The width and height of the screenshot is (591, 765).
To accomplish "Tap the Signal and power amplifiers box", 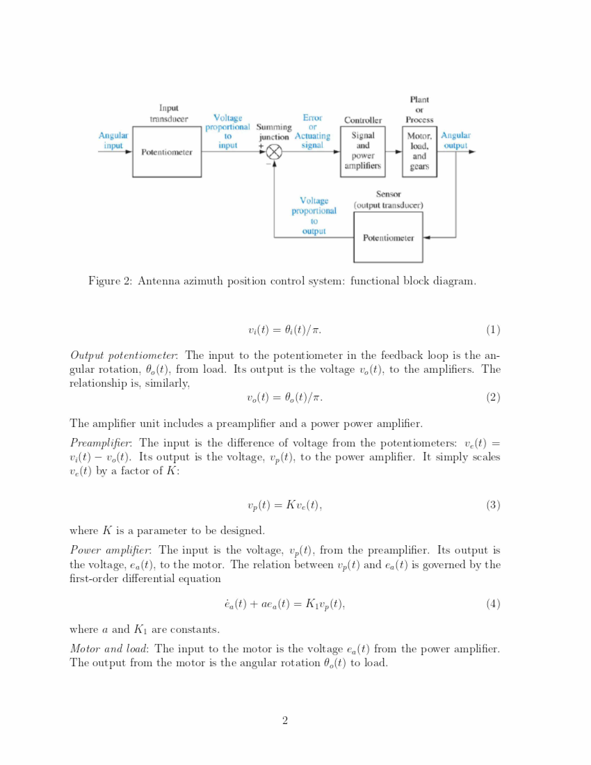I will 363,151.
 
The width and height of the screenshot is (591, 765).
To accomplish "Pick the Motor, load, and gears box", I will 419,151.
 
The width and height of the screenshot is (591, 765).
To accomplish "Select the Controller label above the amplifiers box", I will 363,120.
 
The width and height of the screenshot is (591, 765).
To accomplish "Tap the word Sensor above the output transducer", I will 388,194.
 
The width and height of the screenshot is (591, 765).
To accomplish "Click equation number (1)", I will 493,330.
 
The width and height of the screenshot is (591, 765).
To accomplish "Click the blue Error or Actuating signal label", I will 312,131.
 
